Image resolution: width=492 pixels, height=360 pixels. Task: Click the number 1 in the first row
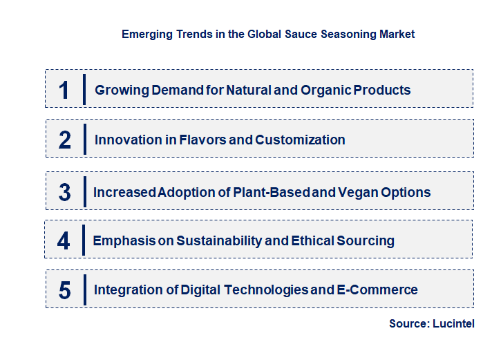point(64,90)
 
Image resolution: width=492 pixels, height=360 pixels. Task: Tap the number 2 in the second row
point(65,140)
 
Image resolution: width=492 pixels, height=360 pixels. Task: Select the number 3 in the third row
point(64,192)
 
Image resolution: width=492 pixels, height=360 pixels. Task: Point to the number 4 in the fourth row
point(64,240)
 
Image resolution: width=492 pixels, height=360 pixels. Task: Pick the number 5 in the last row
point(64,290)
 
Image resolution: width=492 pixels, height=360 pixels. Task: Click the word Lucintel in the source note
point(453,323)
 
